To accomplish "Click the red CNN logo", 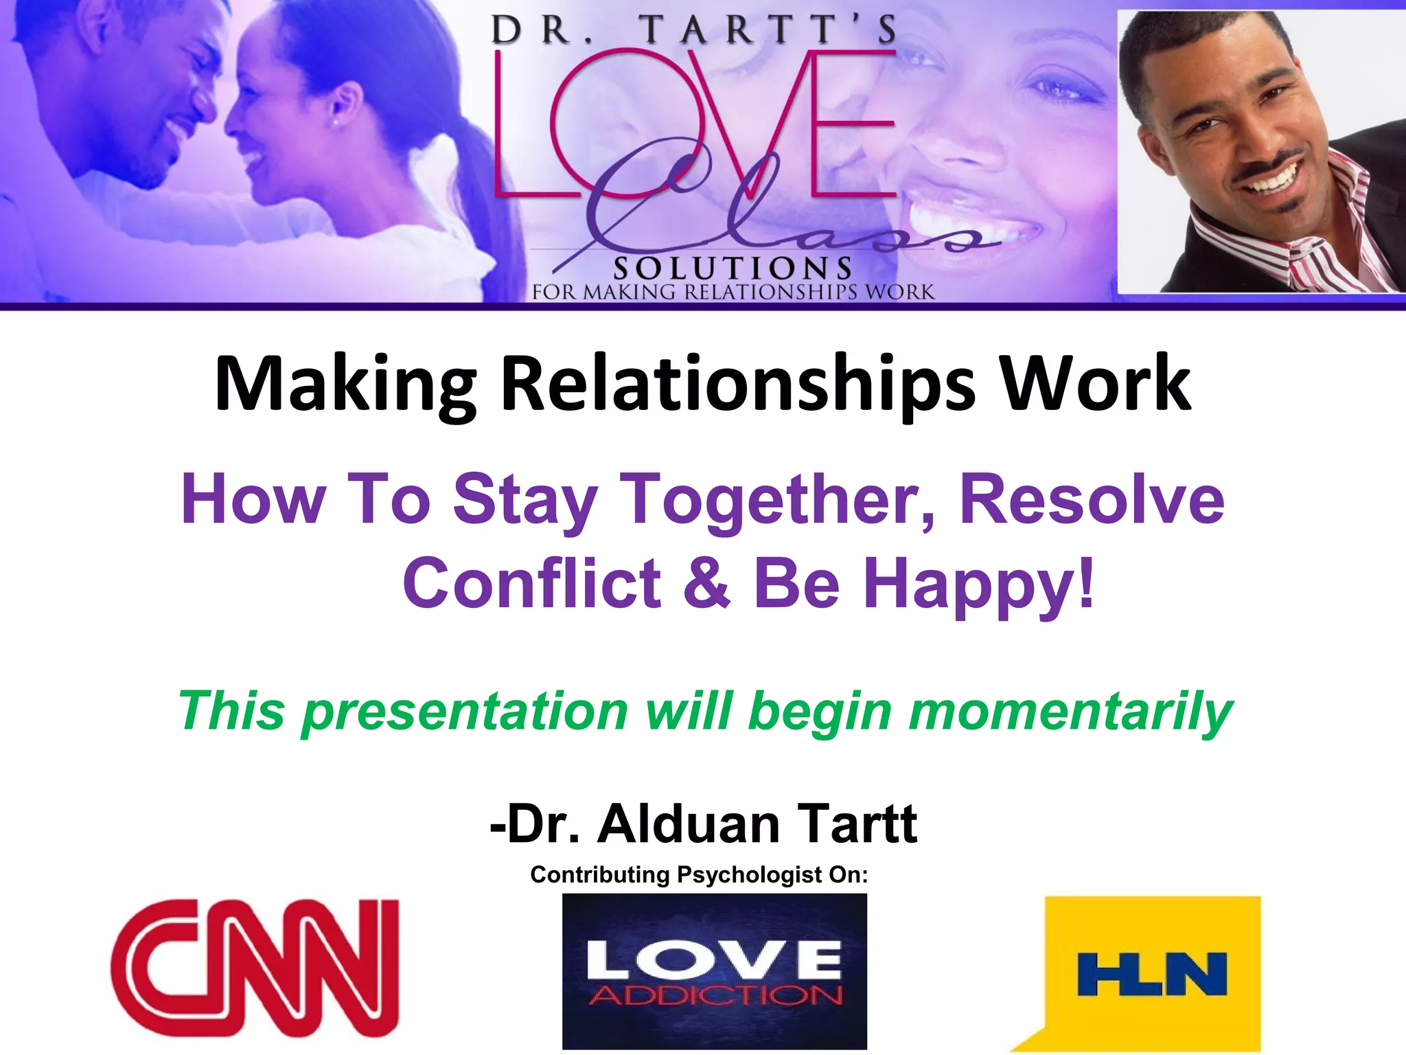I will click(255, 968).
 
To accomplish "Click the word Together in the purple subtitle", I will click(775, 500).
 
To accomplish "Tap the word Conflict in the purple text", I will click(531, 583).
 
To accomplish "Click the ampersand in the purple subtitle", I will click(707, 583).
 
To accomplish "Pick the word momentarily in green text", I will click(1070, 712).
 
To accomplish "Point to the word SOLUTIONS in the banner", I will click(733, 269).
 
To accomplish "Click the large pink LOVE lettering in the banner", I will click(693, 124).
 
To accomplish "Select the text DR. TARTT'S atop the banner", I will click(693, 31).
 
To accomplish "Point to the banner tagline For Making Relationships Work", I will click(733, 292).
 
